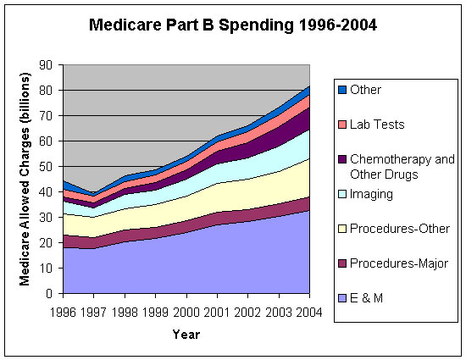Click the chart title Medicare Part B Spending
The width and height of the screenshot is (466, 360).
233,25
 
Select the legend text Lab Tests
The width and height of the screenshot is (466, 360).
378,125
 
